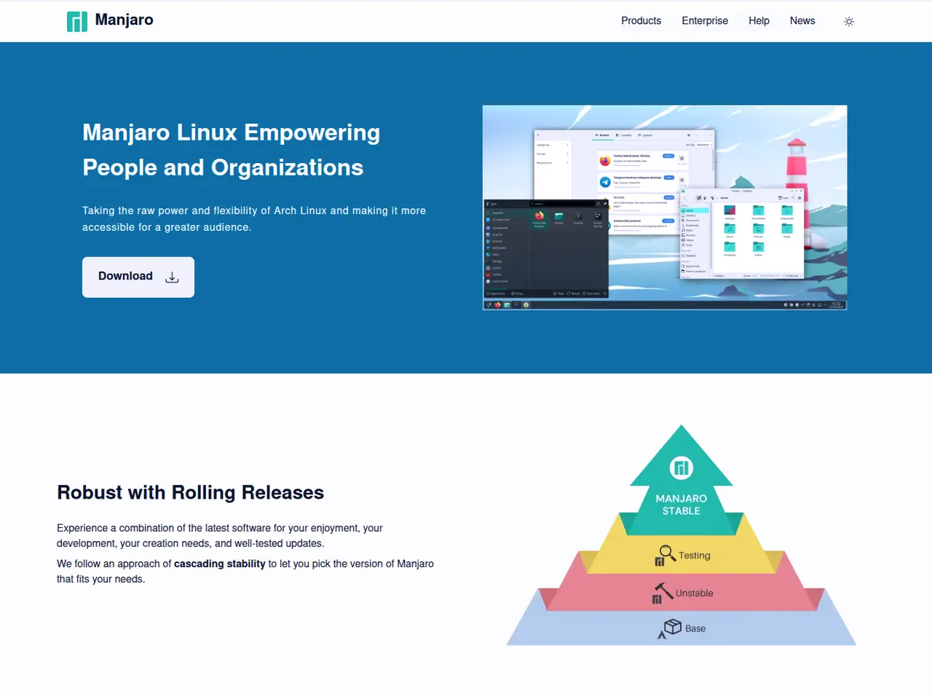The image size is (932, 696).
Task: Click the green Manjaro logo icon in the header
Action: tap(76, 21)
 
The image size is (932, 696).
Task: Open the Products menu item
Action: tap(641, 21)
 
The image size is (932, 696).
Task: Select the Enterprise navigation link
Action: tap(704, 21)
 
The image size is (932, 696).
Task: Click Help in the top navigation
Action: tap(759, 21)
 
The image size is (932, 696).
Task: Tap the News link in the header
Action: tap(802, 21)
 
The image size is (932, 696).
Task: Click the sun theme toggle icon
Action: tap(848, 22)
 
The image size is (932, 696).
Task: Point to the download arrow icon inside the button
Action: tap(172, 277)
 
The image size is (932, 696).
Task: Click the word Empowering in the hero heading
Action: tap(312, 133)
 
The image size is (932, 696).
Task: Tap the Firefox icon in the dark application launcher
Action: tap(540, 216)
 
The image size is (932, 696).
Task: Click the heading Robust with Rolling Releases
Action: tap(190, 493)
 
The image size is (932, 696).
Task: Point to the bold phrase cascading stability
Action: tap(219, 563)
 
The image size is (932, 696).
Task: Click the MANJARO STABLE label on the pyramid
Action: tap(681, 505)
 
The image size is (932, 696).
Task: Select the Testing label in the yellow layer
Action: tap(694, 555)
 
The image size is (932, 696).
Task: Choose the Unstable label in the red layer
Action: tap(694, 593)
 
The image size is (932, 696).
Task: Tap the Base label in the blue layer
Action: tap(695, 628)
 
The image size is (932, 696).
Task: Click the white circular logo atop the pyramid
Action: tap(681, 467)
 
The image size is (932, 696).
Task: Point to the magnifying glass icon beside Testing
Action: tap(666, 552)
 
